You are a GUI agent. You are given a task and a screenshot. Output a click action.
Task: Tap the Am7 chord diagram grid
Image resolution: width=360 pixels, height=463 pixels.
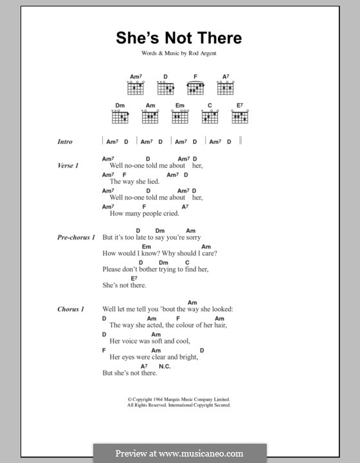pyautogui.click(x=135, y=88)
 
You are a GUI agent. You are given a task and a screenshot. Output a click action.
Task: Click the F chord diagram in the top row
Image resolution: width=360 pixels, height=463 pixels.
pyautogui.click(x=195, y=88)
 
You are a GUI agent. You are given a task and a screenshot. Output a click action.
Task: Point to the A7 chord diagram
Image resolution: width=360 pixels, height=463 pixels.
pyautogui.click(x=226, y=88)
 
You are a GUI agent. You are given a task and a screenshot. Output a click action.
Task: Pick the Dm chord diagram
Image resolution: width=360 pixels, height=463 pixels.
pyautogui.click(x=120, y=116)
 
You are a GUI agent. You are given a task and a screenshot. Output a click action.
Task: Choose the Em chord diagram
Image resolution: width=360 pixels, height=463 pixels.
pyautogui.click(x=180, y=116)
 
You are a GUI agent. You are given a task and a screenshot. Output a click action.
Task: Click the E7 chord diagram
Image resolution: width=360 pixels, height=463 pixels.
pyautogui.click(x=240, y=116)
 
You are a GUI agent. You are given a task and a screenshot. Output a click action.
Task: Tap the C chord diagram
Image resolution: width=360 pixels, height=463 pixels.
pyautogui.click(x=210, y=116)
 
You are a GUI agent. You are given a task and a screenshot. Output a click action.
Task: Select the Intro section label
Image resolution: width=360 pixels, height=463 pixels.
pyautogui.click(x=64, y=142)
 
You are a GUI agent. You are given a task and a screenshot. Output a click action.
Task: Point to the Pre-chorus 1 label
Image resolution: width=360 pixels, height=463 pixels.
pyautogui.click(x=75, y=237)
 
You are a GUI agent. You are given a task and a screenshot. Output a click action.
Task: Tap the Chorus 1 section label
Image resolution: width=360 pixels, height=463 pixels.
pyautogui.click(x=70, y=309)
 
